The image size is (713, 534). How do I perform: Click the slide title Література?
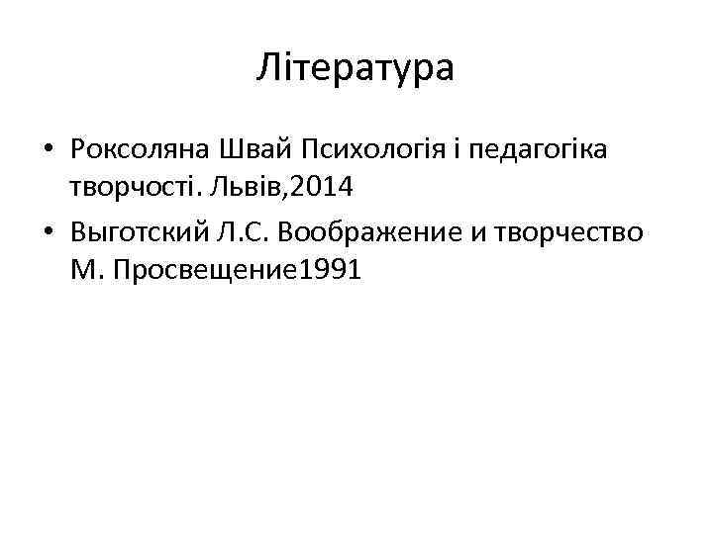coord(356,68)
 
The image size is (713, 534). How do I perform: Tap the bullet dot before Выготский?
coord(48,233)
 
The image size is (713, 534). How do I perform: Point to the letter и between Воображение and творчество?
coord(511,233)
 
